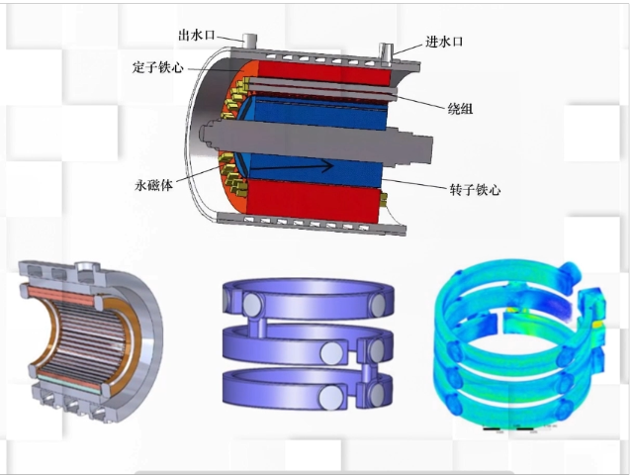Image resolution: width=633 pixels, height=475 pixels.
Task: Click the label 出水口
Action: pos(197,36)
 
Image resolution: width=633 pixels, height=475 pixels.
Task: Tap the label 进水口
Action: pos(444,42)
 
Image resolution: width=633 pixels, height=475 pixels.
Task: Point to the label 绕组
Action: pos(460,108)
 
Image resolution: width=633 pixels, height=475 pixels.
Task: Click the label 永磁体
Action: pos(154,185)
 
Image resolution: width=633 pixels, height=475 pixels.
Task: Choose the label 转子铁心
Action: pos(475,189)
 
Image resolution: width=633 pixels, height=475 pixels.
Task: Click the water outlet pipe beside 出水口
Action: pos(249,40)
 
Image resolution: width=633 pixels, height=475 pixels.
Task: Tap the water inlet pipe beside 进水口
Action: pos(387,53)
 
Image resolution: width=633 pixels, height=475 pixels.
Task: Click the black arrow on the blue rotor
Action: pos(294,166)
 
